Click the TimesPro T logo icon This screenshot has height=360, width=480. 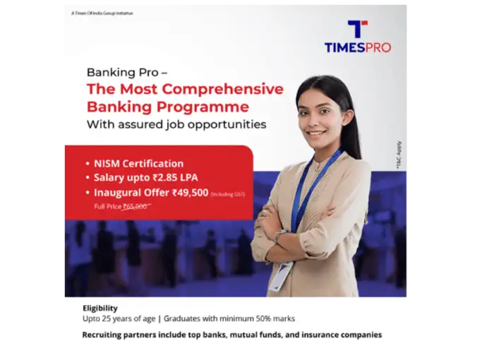coord(357,29)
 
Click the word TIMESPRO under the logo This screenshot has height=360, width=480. coord(357,48)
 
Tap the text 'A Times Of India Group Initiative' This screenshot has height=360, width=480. coord(102,13)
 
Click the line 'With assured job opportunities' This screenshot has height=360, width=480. coord(176,124)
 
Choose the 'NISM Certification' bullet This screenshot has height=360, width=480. coord(138,164)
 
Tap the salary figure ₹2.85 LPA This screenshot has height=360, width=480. coord(179,178)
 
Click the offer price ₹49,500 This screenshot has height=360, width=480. coord(188,192)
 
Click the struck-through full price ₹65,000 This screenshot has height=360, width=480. coord(135,206)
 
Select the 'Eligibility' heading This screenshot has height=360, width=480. coord(100,308)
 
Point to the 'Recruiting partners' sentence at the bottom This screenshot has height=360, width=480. coord(232,335)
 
